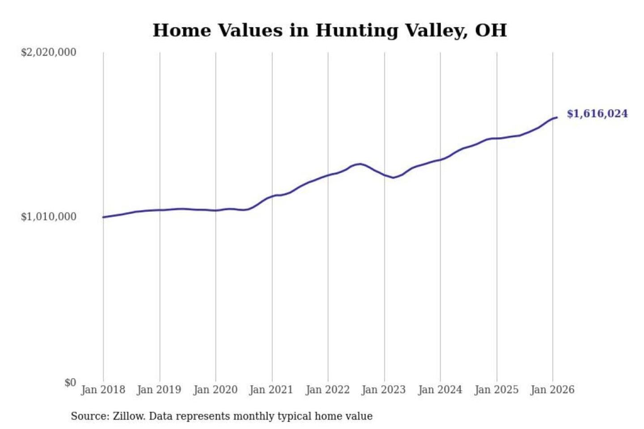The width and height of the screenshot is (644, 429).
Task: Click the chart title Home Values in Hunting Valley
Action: click(x=330, y=30)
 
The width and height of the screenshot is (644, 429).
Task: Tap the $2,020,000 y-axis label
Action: click(x=49, y=52)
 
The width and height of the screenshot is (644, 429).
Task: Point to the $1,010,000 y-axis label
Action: click(x=49, y=217)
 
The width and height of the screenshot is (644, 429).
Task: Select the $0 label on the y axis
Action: click(x=70, y=383)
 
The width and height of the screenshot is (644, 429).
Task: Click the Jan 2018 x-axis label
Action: click(x=103, y=390)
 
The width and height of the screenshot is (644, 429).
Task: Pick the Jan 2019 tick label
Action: click(x=159, y=390)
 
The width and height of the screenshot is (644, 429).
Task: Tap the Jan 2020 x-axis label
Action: click(x=215, y=390)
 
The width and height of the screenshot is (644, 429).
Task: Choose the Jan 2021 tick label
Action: click(x=271, y=390)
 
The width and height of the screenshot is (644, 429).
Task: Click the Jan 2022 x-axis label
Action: click(x=327, y=390)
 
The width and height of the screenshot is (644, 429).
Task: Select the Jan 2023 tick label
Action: click(x=383, y=390)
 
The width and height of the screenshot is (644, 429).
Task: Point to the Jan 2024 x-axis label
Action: click(x=440, y=390)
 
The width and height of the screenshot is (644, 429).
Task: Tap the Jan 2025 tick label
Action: click(x=496, y=390)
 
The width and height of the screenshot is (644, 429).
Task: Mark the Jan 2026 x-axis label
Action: click(x=552, y=390)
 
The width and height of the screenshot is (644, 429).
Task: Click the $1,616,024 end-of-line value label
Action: click(x=597, y=114)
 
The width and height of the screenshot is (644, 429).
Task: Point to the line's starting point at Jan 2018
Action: click(x=103, y=217)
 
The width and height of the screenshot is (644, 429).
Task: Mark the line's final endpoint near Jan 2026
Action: click(x=556, y=118)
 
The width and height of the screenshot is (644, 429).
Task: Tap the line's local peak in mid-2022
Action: click(x=360, y=164)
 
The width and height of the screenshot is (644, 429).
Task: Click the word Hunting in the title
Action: click(x=356, y=30)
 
